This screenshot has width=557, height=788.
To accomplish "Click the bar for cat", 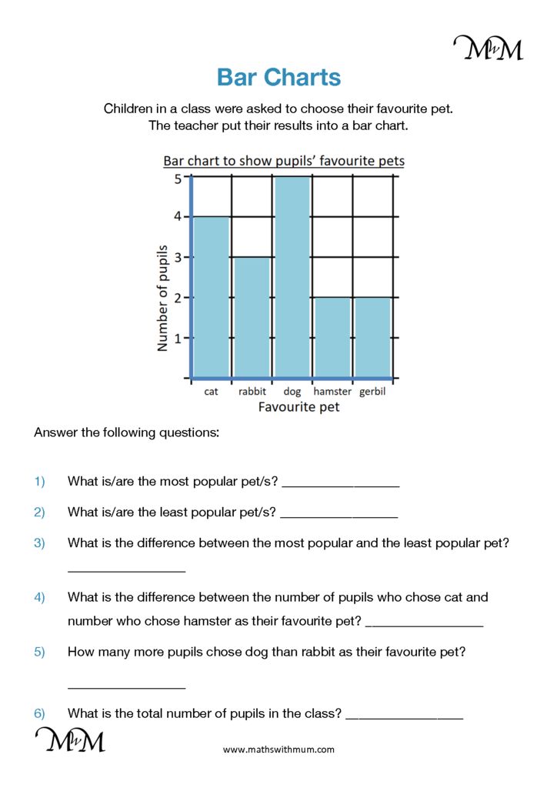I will click(x=212, y=297).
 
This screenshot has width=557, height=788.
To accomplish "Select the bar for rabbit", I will click(x=252, y=317).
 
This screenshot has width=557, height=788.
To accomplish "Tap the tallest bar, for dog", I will click(x=292, y=277).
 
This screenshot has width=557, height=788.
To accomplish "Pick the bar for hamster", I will click(x=332, y=337).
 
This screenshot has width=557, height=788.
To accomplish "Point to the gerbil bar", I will click(x=372, y=337).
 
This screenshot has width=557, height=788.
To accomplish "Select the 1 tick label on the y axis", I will click(x=178, y=338).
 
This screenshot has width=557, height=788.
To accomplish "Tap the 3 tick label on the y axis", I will click(x=178, y=258).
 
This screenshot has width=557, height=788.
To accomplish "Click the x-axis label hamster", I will click(x=332, y=392).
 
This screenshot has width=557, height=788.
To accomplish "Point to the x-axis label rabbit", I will click(x=252, y=392).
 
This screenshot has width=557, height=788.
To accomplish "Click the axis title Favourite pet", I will click(x=299, y=406).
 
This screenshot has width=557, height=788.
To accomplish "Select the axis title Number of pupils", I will click(x=162, y=297).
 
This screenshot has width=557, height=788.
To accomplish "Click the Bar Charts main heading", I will click(x=278, y=77).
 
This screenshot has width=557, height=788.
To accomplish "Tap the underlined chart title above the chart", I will click(x=283, y=161).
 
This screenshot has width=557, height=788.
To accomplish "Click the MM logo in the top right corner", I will click(x=488, y=48).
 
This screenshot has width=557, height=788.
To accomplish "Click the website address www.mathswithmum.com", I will click(x=278, y=749).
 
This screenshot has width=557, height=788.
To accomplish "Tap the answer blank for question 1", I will click(x=341, y=484).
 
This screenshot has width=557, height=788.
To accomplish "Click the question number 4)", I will click(x=40, y=597).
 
